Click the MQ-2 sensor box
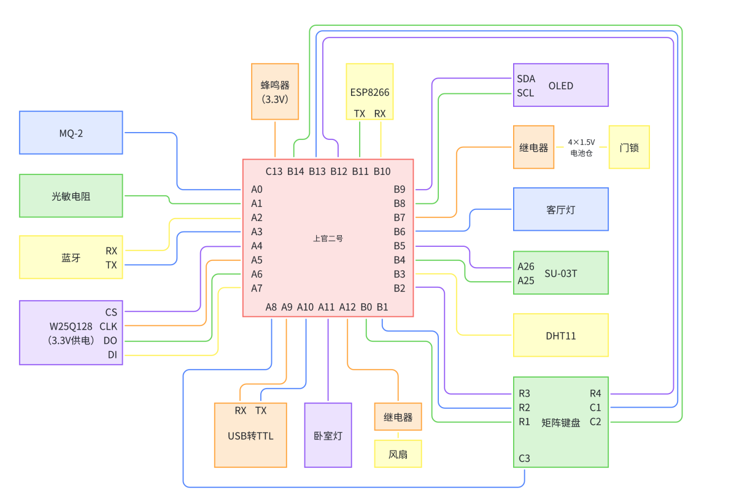coord(71,133)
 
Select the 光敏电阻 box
coord(71,196)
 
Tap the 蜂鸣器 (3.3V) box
coord(275,91)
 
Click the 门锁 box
coord(629,147)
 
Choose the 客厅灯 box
coord(560,209)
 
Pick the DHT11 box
coord(560,336)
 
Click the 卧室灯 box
coord(328,436)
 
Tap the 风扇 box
coord(398,454)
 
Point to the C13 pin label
coord(274,171)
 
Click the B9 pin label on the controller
coord(400,189)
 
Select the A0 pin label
coord(257,189)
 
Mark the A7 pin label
coord(257,288)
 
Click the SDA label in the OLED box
coord(526,79)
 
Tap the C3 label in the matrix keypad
coord(524,458)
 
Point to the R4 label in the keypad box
coord(595,394)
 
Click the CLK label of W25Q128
coord(108,326)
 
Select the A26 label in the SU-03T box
coord(526,266)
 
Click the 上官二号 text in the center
coord(328,238)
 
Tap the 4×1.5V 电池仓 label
coord(581,147)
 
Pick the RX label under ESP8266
coord(380,114)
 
